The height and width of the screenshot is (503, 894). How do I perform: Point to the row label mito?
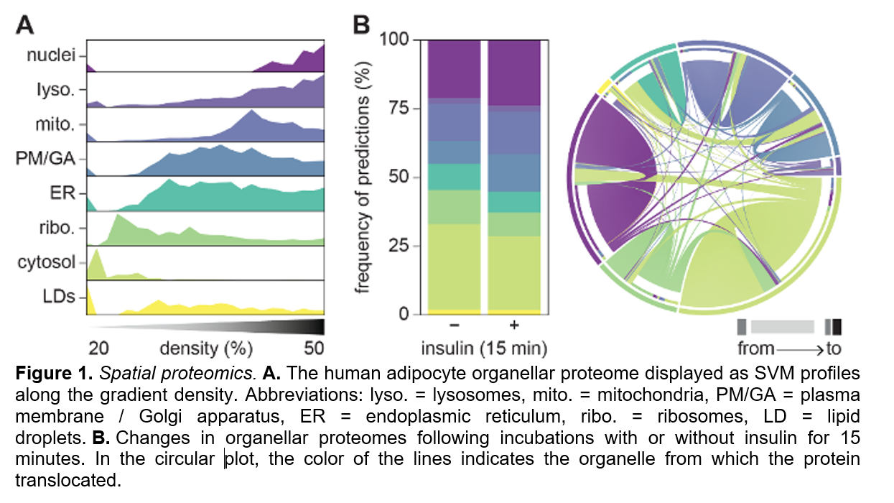pos(57,125)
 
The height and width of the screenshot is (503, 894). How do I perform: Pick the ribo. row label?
pos(57,229)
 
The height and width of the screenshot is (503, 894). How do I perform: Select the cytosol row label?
pos(47,262)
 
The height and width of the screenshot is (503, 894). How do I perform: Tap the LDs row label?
pos(60,296)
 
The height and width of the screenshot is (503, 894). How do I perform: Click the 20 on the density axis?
pos(99,349)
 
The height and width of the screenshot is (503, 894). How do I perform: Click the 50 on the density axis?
pos(313,349)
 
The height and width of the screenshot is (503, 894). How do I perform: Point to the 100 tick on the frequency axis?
pos(394,40)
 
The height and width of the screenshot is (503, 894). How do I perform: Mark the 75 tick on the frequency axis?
pos(399,109)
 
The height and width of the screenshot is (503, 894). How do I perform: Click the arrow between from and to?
pos(798,349)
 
